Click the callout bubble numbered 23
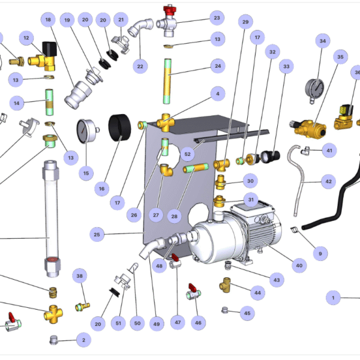pyautogui.click(x=217, y=18)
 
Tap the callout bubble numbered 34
pyautogui.click(x=323, y=41)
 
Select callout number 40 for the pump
pyautogui.click(x=299, y=265)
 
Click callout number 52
pyautogui.click(x=187, y=154)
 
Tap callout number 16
pyautogui.click(x=101, y=188)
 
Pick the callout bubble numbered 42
pyautogui.click(x=328, y=180)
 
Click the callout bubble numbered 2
pyautogui.click(x=83, y=340)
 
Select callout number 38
pyautogui.click(x=80, y=275)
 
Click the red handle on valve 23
pyautogui.click(x=168, y=10)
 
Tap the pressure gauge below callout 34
pyautogui.click(x=314, y=87)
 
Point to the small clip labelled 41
pyautogui.click(x=308, y=150)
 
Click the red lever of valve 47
pyautogui.click(x=175, y=258)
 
